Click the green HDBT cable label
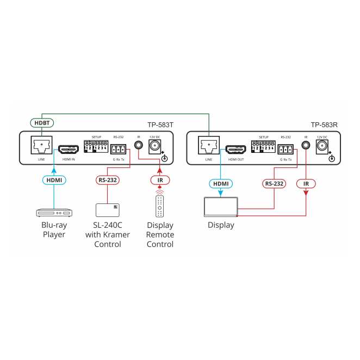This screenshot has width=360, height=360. pos(42,122)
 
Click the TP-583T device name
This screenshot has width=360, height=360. pos(160,125)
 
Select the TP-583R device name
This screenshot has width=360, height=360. pos(325,125)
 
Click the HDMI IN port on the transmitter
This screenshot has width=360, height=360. pos(69,148)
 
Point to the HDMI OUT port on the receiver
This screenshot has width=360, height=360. pos(235,148)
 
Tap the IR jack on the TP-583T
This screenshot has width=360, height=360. pos(139,145)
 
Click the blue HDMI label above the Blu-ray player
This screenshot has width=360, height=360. pos(54,179)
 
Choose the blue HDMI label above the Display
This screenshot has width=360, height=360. pos(221,184)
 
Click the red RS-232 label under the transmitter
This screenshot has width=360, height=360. pos(107,179)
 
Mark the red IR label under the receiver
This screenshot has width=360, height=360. pos(306,184)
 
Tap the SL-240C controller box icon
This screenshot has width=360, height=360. pos(107,210)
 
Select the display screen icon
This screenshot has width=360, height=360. pos(221,207)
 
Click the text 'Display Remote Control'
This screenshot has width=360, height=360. pos(160,235)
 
